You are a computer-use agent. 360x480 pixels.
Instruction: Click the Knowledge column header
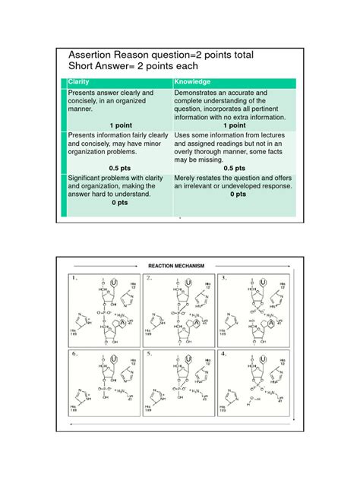[x=192, y=81]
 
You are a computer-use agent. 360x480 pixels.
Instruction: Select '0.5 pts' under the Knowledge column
[x=230, y=168]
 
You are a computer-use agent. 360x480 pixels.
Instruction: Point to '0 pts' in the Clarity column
[x=119, y=203]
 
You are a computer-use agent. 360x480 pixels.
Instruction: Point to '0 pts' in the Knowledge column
[x=238, y=194]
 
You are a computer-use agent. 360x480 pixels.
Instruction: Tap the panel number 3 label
[x=223, y=278]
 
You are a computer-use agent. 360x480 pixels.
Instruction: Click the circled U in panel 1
[x=113, y=282]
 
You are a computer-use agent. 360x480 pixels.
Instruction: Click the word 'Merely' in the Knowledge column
[x=187, y=177]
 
